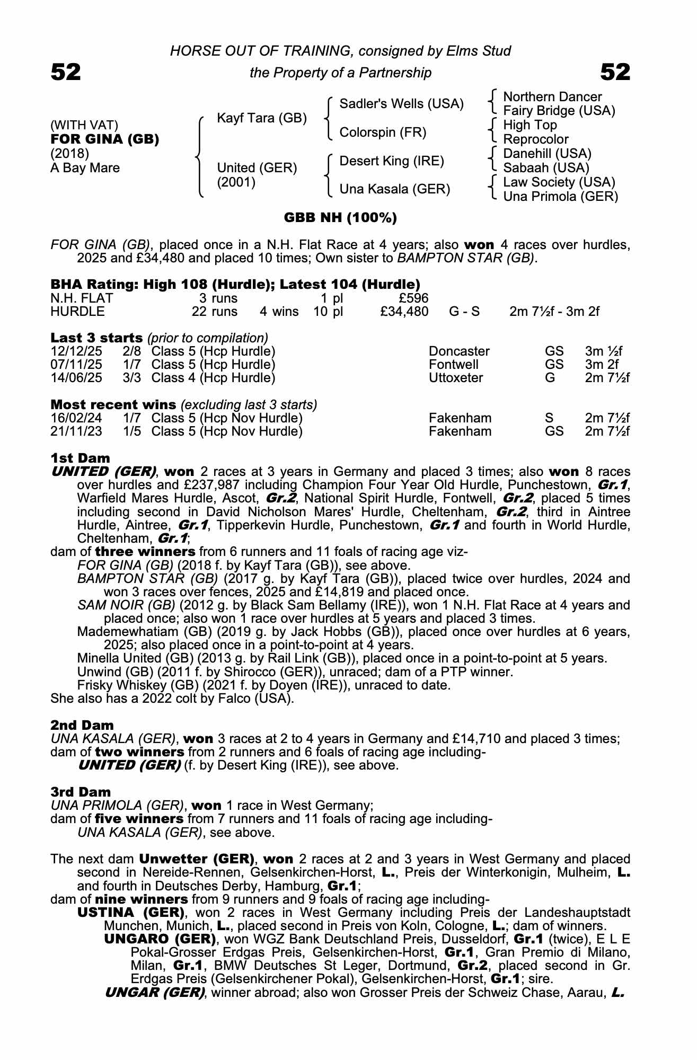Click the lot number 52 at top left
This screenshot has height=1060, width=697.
click(x=66, y=72)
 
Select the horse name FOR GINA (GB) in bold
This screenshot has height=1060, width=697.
click(x=104, y=139)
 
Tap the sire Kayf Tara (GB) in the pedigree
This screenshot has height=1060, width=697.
click(x=262, y=118)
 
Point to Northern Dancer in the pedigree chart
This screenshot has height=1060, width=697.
click(x=552, y=97)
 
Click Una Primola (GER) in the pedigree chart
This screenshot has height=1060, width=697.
click(x=560, y=197)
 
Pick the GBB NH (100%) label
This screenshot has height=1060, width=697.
click(x=340, y=218)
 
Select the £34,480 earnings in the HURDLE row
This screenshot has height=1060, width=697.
click(x=404, y=312)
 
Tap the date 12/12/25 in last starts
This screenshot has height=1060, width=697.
click(x=76, y=351)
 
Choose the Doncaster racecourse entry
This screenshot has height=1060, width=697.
click(x=459, y=351)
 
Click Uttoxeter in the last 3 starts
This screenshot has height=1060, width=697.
click(x=456, y=378)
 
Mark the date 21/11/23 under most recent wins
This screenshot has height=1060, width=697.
click(x=76, y=431)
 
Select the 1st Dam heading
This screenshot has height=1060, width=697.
click(x=80, y=458)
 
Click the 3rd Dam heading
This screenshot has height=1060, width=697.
click(x=81, y=792)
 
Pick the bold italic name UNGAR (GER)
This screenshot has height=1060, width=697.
click(x=155, y=993)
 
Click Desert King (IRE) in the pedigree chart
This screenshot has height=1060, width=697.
click(x=391, y=161)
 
